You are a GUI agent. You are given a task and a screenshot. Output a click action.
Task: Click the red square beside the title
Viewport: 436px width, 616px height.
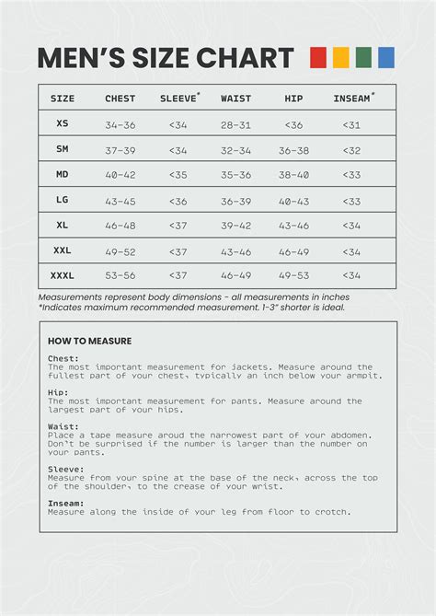coord(318,58)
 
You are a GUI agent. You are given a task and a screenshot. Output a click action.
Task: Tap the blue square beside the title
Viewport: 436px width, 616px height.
coord(386,58)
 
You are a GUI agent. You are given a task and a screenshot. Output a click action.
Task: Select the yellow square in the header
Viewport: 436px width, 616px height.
coord(340,58)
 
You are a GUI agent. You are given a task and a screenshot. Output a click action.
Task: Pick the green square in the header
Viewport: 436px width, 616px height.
coord(363,58)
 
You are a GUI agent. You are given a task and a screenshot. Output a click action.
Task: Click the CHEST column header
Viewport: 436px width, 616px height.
coord(120,99)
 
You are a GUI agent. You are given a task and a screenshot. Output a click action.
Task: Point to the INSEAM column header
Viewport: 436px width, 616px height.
coord(351,99)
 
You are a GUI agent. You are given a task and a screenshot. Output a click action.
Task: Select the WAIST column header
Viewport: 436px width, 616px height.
coord(236,99)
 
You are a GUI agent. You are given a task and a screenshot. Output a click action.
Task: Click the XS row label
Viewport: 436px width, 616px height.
coord(63,123)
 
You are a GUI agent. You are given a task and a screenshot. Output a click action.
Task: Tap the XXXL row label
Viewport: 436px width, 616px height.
coord(63,275)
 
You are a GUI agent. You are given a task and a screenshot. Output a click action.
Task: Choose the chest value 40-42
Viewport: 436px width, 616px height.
coord(120,175)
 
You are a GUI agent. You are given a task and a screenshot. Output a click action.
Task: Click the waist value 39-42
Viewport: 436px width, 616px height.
coord(236,226)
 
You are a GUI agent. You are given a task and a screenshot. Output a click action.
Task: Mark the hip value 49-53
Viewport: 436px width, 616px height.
coord(294,275)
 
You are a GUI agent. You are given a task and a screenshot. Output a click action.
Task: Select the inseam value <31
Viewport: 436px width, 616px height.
coord(351,124)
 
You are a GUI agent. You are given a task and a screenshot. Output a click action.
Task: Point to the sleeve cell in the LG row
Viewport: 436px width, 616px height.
coord(178,201)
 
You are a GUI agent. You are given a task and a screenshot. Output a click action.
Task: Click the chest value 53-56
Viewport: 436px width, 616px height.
coord(120,275)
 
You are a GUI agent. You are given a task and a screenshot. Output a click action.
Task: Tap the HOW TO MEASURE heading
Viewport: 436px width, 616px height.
coord(89,341)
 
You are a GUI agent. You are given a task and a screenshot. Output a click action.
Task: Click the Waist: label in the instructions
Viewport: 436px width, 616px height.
coord(63,426)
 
